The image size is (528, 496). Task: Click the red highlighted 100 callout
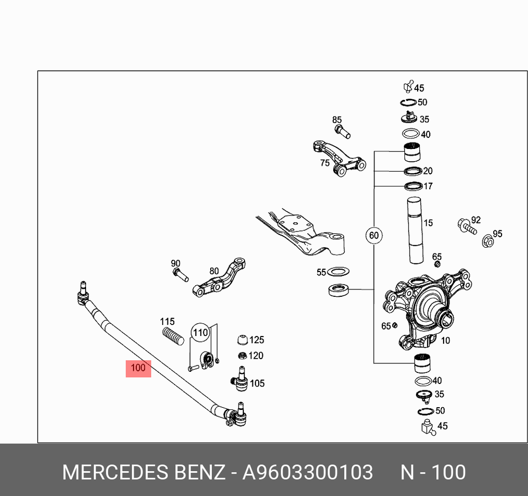138,368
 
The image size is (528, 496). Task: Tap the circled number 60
374,235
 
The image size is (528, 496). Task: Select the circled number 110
200,333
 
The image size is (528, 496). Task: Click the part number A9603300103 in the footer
308,472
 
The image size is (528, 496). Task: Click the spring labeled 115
173,336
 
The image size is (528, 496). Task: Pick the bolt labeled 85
343,132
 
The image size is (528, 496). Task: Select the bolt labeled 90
180,275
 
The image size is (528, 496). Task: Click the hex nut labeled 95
488,241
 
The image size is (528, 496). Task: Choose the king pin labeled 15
415,230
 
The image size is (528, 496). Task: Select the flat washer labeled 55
338,272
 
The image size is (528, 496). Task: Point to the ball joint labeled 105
240,379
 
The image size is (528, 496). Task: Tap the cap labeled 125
242,340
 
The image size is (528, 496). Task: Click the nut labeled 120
242,355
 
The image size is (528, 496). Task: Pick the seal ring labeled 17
413,185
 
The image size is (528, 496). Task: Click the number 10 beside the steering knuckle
445,341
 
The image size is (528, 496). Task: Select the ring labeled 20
413,171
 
